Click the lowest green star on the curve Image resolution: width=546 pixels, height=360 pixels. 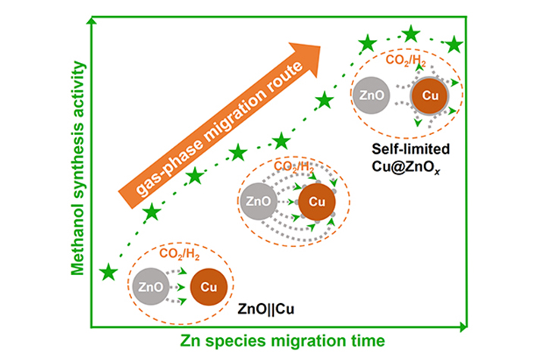point(109,271)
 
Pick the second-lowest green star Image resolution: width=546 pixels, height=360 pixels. point(152,212)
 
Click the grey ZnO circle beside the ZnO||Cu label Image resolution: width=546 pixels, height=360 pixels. point(148,286)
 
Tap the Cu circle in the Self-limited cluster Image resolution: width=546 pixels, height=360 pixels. point(428,97)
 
